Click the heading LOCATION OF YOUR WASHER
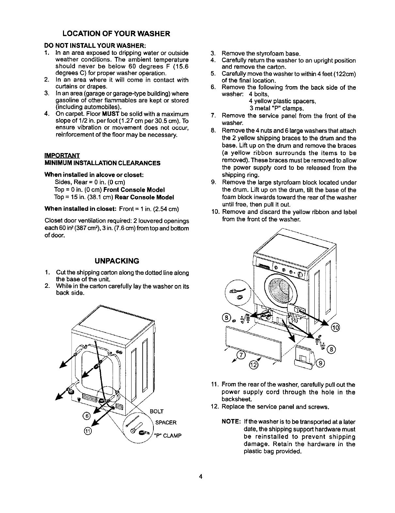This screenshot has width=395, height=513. pyautogui.click(x=117, y=34)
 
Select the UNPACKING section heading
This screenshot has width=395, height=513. pyautogui.click(x=117, y=261)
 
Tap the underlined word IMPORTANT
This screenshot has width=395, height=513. pyautogui.click(x=62, y=155)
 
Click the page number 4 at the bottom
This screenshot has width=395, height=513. pyautogui.click(x=201, y=477)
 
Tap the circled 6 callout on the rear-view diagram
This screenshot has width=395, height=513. pyautogui.click(x=87, y=415)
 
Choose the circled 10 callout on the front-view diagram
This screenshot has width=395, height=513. pyautogui.click(x=335, y=327)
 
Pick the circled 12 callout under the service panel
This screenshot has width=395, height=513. pyautogui.click(x=254, y=365)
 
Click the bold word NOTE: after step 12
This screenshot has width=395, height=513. pyautogui.click(x=231, y=422)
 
